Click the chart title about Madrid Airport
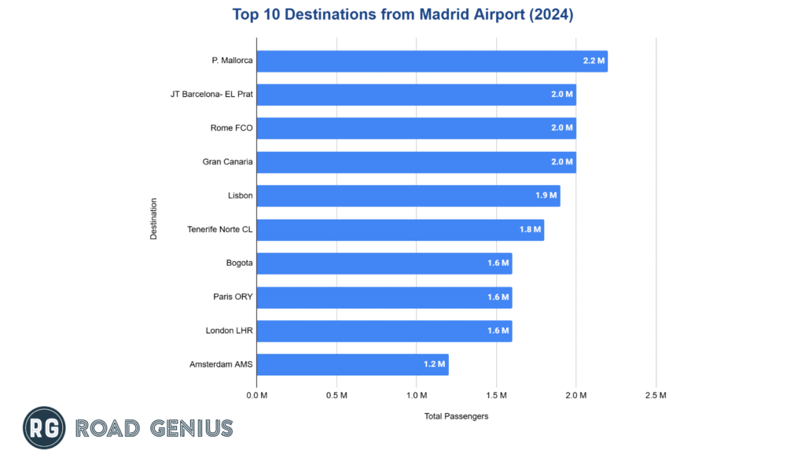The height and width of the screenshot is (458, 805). [402, 14]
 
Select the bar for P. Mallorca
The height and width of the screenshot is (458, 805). [432, 61]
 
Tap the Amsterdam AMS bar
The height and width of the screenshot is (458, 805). [352, 364]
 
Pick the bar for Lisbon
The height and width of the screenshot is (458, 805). [408, 196]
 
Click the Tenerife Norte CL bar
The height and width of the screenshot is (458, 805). [400, 230]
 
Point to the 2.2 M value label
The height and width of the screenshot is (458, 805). [594, 61]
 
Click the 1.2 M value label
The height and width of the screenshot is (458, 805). [435, 364]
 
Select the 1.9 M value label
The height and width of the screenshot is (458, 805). [546, 196]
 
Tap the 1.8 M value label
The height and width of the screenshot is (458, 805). [531, 230]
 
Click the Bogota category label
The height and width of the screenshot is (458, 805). [239, 264]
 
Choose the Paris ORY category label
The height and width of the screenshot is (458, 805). [233, 297]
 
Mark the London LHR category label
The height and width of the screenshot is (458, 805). [229, 331]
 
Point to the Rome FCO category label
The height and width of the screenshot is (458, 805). [232, 128]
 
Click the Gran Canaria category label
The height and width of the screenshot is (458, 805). [227, 162]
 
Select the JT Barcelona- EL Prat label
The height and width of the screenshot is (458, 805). [211, 94]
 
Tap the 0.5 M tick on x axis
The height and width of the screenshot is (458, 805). [336, 395]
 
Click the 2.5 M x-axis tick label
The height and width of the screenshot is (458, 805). [656, 395]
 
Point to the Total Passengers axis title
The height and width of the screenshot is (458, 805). [456, 416]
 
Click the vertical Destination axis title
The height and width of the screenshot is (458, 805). [154, 219]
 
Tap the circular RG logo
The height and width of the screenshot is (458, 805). [44, 427]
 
